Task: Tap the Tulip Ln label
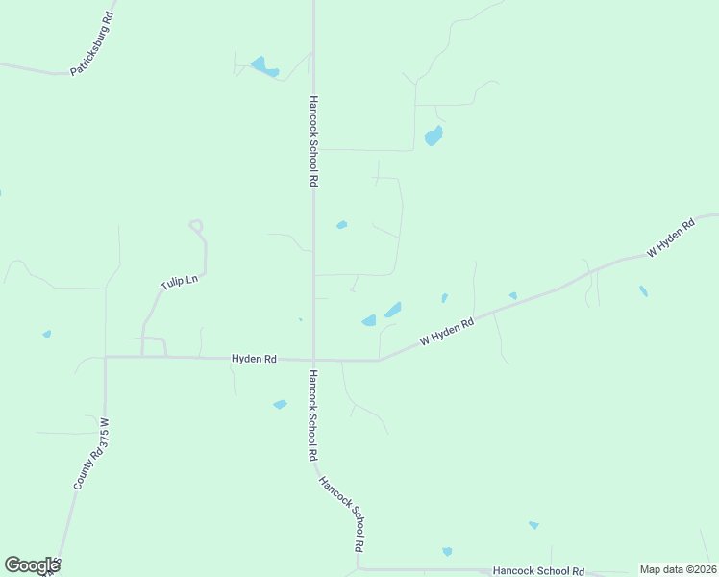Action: pos(178,281)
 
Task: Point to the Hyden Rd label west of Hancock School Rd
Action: pos(254,359)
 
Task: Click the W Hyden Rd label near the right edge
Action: pos(671,238)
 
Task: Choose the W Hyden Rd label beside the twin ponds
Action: pos(448,332)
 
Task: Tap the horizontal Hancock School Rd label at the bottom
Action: pos(538,571)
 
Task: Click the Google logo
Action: pos(32,565)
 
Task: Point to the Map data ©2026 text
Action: pos(678,569)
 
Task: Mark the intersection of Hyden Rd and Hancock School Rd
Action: pos(313,361)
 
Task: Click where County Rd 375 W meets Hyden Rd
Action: pos(105,357)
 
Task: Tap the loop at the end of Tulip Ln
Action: pos(197,227)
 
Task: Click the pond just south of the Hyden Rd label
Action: pos(280,405)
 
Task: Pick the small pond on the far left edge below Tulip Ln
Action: pos(46,334)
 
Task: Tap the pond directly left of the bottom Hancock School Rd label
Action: pos(447,551)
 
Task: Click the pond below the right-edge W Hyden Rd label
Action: pos(643,290)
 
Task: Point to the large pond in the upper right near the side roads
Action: pos(434,136)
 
